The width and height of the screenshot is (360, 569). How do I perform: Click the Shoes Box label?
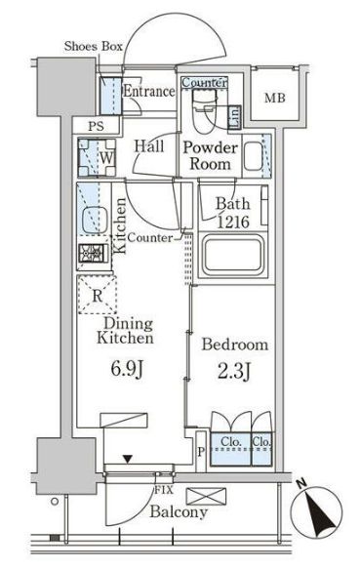point(94,47)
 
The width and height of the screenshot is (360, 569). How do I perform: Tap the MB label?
point(275,98)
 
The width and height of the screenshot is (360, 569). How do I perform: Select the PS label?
point(96,126)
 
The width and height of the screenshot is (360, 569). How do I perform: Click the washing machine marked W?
point(97,157)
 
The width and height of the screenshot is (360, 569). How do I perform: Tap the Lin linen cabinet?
point(234,117)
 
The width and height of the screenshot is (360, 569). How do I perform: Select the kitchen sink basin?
point(94,221)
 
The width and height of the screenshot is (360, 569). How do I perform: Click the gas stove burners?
point(94,253)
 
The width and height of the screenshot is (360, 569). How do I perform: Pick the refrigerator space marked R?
point(97,295)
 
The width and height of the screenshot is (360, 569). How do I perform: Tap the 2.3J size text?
point(234,371)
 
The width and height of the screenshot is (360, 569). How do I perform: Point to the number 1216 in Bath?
point(233,222)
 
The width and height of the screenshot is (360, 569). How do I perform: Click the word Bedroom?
point(235,344)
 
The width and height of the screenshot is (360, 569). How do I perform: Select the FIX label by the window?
point(164,490)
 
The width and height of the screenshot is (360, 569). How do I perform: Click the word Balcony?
point(179,511)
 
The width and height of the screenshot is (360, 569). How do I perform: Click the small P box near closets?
point(201,452)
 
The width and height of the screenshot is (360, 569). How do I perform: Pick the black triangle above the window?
point(127,459)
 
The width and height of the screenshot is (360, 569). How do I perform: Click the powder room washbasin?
point(253,156)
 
